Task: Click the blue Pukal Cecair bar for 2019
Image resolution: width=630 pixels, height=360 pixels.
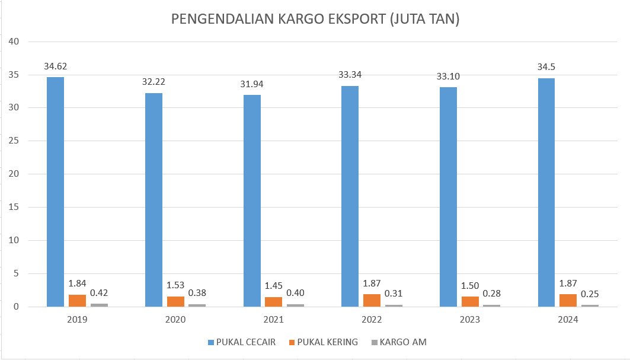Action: pyautogui.click(x=56, y=192)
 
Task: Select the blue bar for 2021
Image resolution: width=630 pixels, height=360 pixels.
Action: pyautogui.click(x=252, y=200)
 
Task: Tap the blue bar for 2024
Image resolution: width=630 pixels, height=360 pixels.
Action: pyautogui.click(x=546, y=192)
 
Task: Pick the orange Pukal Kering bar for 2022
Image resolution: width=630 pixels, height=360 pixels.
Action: pyautogui.click(x=372, y=301)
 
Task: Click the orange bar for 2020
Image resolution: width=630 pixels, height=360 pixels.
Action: pyautogui.click(x=176, y=302)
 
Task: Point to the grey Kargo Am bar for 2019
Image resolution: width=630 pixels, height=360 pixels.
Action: pyautogui.click(x=99, y=305)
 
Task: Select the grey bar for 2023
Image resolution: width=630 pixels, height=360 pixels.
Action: pyautogui.click(x=491, y=306)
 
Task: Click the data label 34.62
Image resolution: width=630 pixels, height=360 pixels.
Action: pyautogui.click(x=55, y=66)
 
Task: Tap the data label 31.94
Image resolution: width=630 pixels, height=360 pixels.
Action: pyautogui.click(x=251, y=84)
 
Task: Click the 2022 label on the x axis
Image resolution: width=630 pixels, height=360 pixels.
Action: pyautogui.click(x=372, y=320)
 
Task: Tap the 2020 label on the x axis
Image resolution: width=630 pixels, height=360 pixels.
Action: pyautogui.click(x=175, y=320)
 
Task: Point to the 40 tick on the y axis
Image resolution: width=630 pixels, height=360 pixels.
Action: pyautogui.click(x=14, y=42)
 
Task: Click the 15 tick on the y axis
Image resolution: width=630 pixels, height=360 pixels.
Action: pyautogui.click(x=14, y=207)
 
